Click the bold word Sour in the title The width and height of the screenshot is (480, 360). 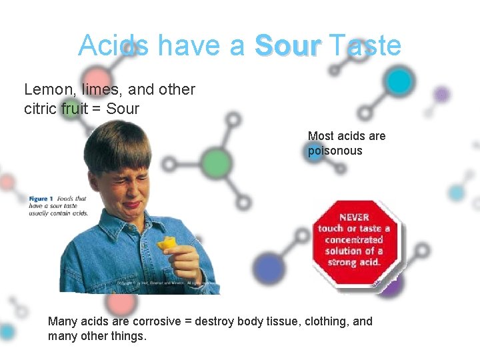click(x=288, y=46)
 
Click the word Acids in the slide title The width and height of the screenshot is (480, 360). click(x=113, y=46)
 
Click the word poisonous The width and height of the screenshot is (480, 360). click(x=335, y=151)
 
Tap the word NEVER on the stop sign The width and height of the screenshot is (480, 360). click(x=354, y=217)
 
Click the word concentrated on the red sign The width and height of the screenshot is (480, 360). click(x=354, y=239)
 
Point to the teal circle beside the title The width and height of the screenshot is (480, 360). click(x=399, y=81)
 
